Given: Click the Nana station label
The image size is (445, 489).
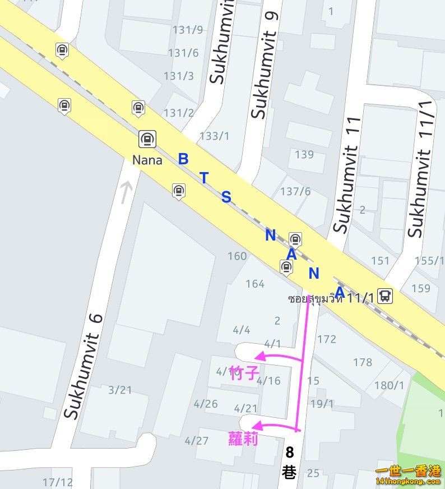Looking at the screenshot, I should (147, 160).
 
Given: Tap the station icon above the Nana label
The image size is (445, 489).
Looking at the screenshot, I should (147, 139).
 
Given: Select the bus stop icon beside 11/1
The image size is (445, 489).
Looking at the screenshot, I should (385, 296).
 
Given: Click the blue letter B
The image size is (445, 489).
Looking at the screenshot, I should (183, 159).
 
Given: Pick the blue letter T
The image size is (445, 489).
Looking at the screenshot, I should (204, 178).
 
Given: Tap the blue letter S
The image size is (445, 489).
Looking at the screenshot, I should (226, 197).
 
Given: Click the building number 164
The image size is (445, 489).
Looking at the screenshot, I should (255, 284).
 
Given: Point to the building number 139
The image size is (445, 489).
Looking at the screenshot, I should (304, 154).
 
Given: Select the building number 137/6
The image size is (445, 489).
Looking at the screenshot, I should (295, 191).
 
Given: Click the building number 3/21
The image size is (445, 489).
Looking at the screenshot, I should (120, 390).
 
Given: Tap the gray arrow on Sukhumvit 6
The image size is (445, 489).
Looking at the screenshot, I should (126, 191).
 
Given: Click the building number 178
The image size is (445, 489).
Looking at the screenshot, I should (363, 363).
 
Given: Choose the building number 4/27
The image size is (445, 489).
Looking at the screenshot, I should (197, 441).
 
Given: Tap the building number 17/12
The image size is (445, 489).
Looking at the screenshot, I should (58, 482).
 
